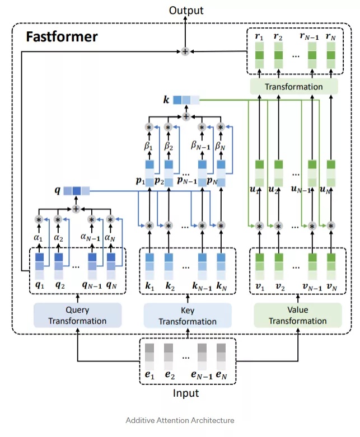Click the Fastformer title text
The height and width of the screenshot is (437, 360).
[62, 37]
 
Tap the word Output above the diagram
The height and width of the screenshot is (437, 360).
[186, 10]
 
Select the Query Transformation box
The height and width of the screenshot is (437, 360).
[77, 316]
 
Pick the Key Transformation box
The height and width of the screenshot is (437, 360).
[188, 316]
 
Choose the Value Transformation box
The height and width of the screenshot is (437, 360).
[298, 316]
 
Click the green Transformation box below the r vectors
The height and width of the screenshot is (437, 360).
[294, 87]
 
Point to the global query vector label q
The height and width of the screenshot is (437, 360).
[57, 190]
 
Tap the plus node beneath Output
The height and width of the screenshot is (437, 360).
[185, 51]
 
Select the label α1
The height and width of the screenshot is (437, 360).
[39, 238]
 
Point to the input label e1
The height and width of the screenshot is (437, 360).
[149, 375]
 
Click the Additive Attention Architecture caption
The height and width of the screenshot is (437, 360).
[180, 420]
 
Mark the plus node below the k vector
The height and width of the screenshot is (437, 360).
[186, 116]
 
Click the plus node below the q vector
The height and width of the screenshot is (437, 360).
[76, 208]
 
